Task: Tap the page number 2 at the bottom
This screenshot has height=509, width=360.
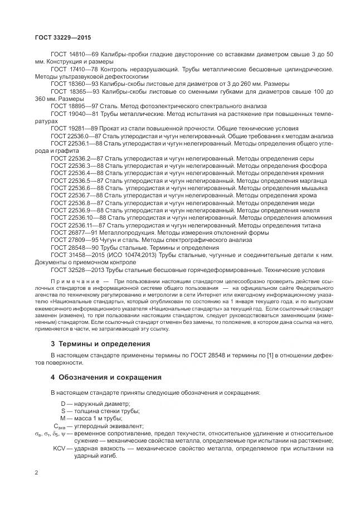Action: (x=37, y=473)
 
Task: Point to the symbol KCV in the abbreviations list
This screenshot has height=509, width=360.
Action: (x=59, y=448)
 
